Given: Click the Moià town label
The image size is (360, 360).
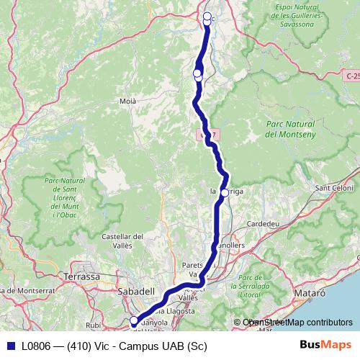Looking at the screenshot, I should click(x=127, y=102).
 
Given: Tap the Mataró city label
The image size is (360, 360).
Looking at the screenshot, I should click(x=310, y=294).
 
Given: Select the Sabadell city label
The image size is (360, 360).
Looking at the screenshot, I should click(x=137, y=291).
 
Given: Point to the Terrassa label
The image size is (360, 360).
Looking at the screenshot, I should click(x=81, y=276).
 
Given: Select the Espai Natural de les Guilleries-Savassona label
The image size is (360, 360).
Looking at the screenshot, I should click(x=296, y=14).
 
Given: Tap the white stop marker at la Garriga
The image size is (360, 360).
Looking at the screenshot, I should click(x=225, y=193).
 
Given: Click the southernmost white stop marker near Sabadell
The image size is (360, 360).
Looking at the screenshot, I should click(x=133, y=321).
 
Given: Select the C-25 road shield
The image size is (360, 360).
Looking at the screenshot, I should click(x=352, y=75).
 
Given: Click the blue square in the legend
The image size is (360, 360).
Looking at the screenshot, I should click(x=11, y=346).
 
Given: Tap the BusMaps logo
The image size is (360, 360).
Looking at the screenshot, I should click(x=320, y=346).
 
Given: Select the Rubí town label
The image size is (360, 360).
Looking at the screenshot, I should click(x=94, y=325).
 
